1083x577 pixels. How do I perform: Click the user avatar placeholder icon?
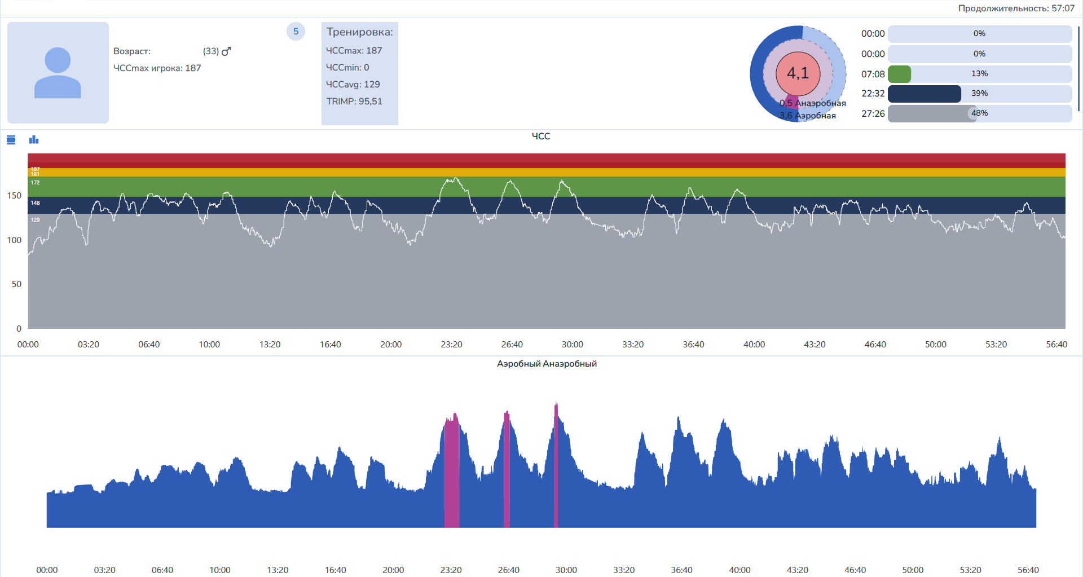coord(58,73)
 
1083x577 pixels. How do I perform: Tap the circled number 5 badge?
coord(296,32)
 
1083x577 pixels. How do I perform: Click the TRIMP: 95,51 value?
coord(354,102)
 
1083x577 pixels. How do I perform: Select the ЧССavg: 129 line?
coord(353,85)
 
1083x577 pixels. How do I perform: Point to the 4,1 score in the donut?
coord(798,73)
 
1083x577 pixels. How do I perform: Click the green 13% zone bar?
coord(899,74)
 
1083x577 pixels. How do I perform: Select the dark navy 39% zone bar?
coord(924,94)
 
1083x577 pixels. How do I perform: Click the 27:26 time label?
coord(873,114)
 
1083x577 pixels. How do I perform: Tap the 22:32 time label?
coord(873,94)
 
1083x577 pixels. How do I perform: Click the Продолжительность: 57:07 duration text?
coord(1016,8)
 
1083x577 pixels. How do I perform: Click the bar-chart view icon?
coord(34,139)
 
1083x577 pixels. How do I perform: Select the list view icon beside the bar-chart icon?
coord(11,139)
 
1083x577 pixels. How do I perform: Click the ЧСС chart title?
coord(540,136)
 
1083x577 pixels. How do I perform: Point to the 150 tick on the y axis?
coord(14,196)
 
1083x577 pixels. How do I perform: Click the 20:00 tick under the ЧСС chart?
coord(391,345)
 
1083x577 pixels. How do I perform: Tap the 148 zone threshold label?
coord(36,203)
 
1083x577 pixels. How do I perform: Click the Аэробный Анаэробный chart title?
coord(547,364)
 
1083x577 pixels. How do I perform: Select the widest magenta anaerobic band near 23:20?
coord(452,474)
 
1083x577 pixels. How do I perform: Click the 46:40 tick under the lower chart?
coord(855,570)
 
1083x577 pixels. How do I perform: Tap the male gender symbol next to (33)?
coord(226,51)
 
